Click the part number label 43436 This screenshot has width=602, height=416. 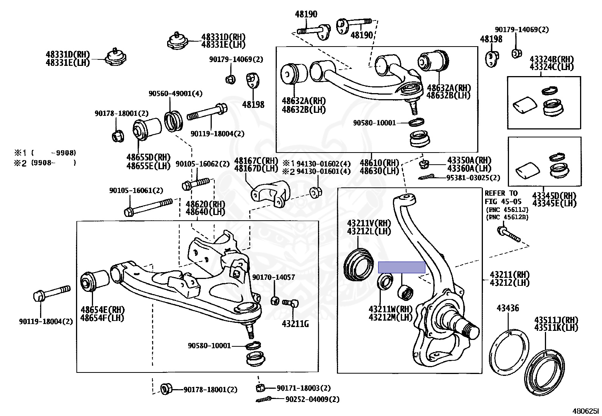[508, 308]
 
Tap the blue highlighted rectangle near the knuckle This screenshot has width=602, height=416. [402, 268]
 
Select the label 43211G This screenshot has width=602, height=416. [295, 324]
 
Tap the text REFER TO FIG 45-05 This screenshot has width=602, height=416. [501, 197]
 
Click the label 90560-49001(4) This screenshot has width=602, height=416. [170, 93]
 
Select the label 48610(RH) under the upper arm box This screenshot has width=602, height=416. [379, 163]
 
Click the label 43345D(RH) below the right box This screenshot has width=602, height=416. [554, 196]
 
